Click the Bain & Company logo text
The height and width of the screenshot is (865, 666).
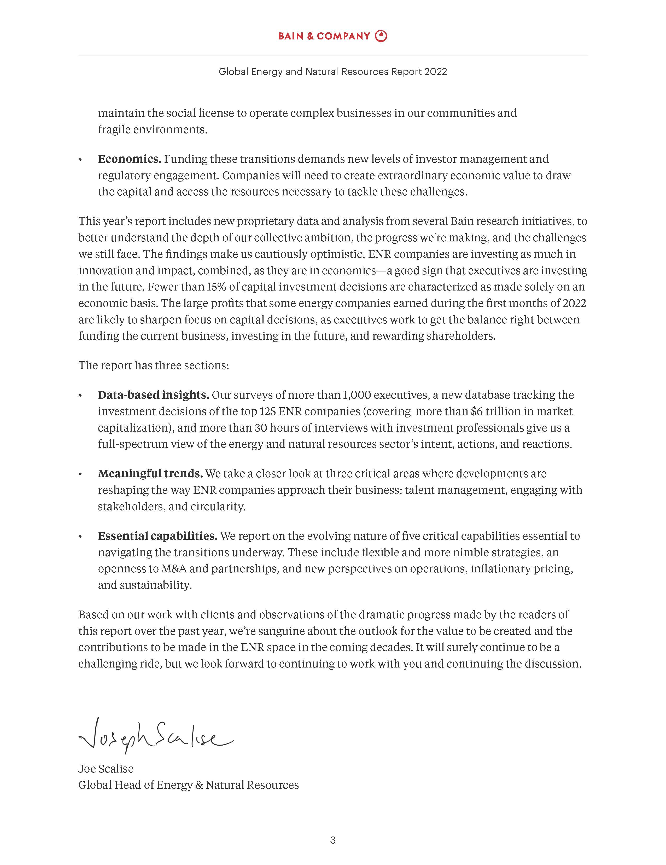pyautogui.click(x=324, y=36)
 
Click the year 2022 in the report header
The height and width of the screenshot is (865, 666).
pyautogui.click(x=435, y=72)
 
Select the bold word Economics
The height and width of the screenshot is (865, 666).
pyautogui.click(x=130, y=159)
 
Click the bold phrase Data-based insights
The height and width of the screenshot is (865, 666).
pyautogui.click(x=153, y=395)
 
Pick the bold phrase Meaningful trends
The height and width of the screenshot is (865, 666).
pyautogui.click(x=150, y=474)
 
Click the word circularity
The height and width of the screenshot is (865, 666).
pyautogui.click(x=218, y=507)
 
